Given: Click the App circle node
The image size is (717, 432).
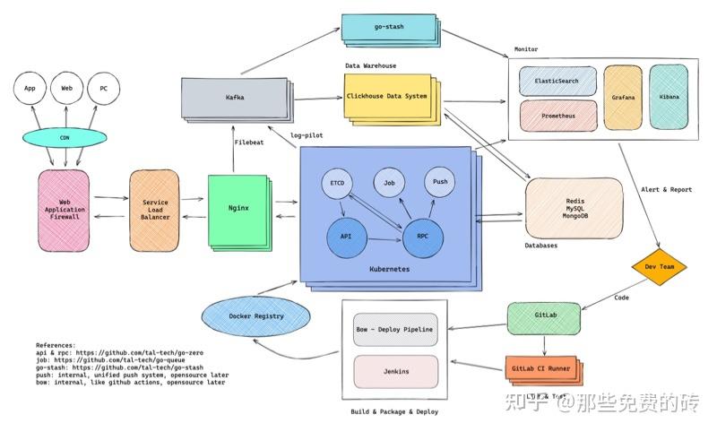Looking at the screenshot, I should (30, 90).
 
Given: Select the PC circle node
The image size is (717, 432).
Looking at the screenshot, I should (104, 90).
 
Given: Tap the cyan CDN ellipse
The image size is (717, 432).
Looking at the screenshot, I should (65, 137).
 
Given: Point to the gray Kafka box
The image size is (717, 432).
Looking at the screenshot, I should (236, 98).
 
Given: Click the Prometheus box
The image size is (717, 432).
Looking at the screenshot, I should (558, 117).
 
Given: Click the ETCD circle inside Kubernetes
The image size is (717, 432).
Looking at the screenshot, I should (337, 184).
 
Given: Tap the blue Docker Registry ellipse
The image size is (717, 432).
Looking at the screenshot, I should (256, 316).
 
